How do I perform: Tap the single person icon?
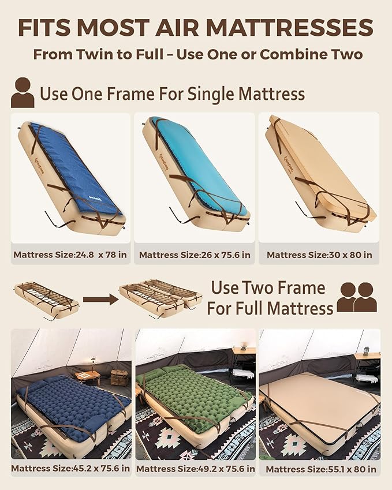tap(23, 93)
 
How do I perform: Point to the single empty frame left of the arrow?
tap(46, 299)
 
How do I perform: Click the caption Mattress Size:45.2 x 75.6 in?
tap(70, 468)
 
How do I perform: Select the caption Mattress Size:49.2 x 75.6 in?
tap(195, 469)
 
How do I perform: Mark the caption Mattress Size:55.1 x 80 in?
tap(319, 469)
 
